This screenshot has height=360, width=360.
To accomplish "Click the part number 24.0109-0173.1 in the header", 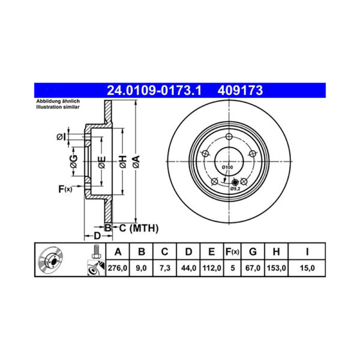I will click(x=154, y=91).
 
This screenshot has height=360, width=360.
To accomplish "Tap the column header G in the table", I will click(x=253, y=251).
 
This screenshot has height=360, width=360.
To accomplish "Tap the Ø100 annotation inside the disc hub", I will click(x=227, y=167).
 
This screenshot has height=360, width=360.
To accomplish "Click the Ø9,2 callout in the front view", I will click(x=236, y=188).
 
